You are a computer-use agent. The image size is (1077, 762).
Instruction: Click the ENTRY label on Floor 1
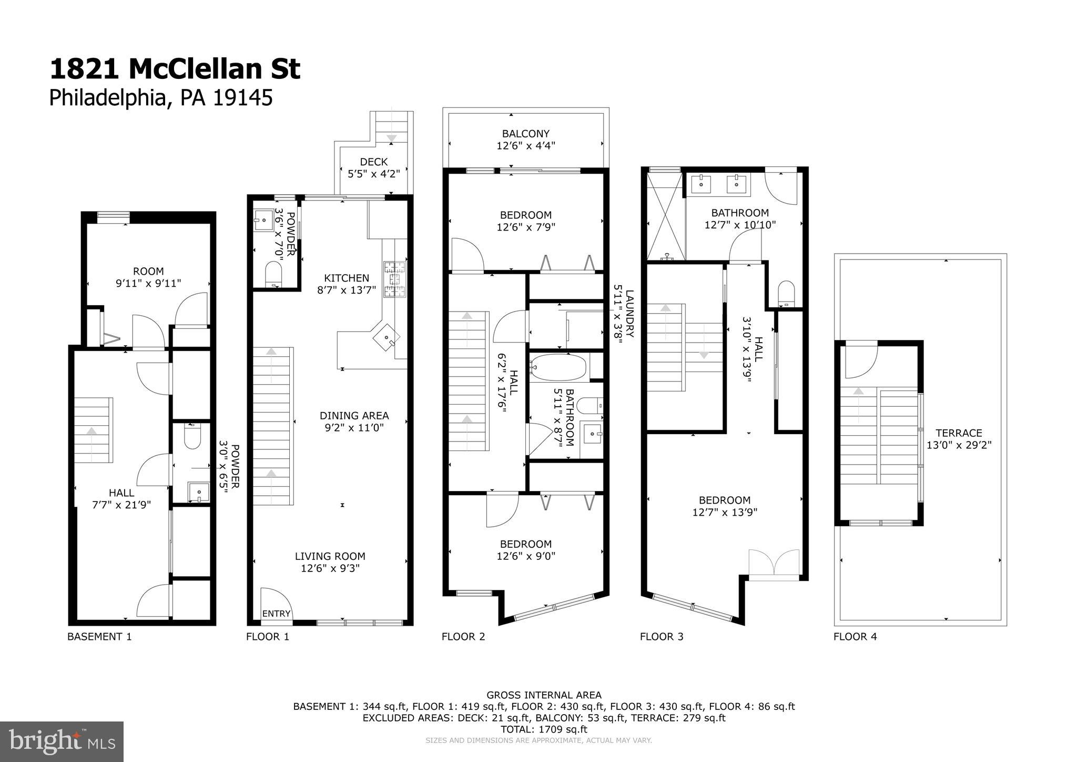tap(276, 613)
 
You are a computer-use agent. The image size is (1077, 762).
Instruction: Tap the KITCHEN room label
tap(347, 278)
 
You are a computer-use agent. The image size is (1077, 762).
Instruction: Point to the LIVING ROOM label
tap(330, 556)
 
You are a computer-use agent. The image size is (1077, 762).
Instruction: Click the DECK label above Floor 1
tap(374, 162)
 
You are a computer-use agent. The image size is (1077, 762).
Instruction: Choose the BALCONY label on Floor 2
tap(526, 134)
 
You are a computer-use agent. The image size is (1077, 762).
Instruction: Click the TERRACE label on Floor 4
tap(959, 433)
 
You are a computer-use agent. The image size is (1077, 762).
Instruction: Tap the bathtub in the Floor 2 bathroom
tap(558, 367)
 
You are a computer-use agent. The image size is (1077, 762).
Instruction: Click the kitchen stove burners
tap(395, 279)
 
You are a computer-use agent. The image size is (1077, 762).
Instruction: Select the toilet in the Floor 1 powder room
tap(273, 274)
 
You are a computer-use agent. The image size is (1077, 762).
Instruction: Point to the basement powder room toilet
tap(192, 437)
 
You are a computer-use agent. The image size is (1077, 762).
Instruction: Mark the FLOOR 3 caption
tap(662, 637)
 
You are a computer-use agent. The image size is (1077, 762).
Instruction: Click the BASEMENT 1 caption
tap(99, 637)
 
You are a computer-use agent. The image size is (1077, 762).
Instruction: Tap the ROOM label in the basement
tap(148, 272)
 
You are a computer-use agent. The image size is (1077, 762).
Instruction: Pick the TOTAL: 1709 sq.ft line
tap(544, 729)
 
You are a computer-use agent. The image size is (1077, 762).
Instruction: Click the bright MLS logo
tap(62, 741)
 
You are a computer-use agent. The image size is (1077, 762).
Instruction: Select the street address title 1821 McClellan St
tap(175, 69)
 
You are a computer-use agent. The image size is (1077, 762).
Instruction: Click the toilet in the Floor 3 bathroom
tap(786, 293)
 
